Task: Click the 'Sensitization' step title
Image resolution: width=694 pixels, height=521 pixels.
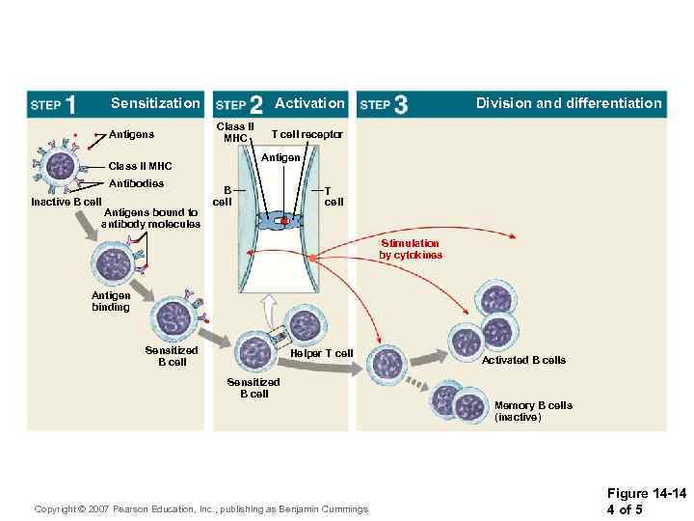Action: [x=155, y=103]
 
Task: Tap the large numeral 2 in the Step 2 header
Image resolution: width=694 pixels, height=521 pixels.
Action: [x=255, y=104]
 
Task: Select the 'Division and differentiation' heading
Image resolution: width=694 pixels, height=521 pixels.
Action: [x=569, y=103]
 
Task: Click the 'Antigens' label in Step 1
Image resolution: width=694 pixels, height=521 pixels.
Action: [x=131, y=134]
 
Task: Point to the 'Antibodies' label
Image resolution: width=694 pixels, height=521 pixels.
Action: [x=136, y=183]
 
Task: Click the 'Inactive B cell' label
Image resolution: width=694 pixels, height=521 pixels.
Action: [x=66, y=202]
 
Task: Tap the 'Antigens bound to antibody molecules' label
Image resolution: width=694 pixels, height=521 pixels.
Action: [x=150, y=218]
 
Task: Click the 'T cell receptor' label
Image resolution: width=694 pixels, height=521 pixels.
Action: [x=307, y=134]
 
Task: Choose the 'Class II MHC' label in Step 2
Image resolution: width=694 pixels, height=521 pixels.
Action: [x=234, y=132]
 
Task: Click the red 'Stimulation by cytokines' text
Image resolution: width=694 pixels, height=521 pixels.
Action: [x=411, y=250]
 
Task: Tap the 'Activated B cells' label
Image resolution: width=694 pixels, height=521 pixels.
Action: [x=523, y=360]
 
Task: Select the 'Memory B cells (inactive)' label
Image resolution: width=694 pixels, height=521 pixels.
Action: [x=533, y=411]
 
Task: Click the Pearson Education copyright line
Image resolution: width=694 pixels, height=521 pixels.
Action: [x=200, y=508]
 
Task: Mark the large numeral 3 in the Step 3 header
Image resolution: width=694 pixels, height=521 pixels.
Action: [x=400, y=104]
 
